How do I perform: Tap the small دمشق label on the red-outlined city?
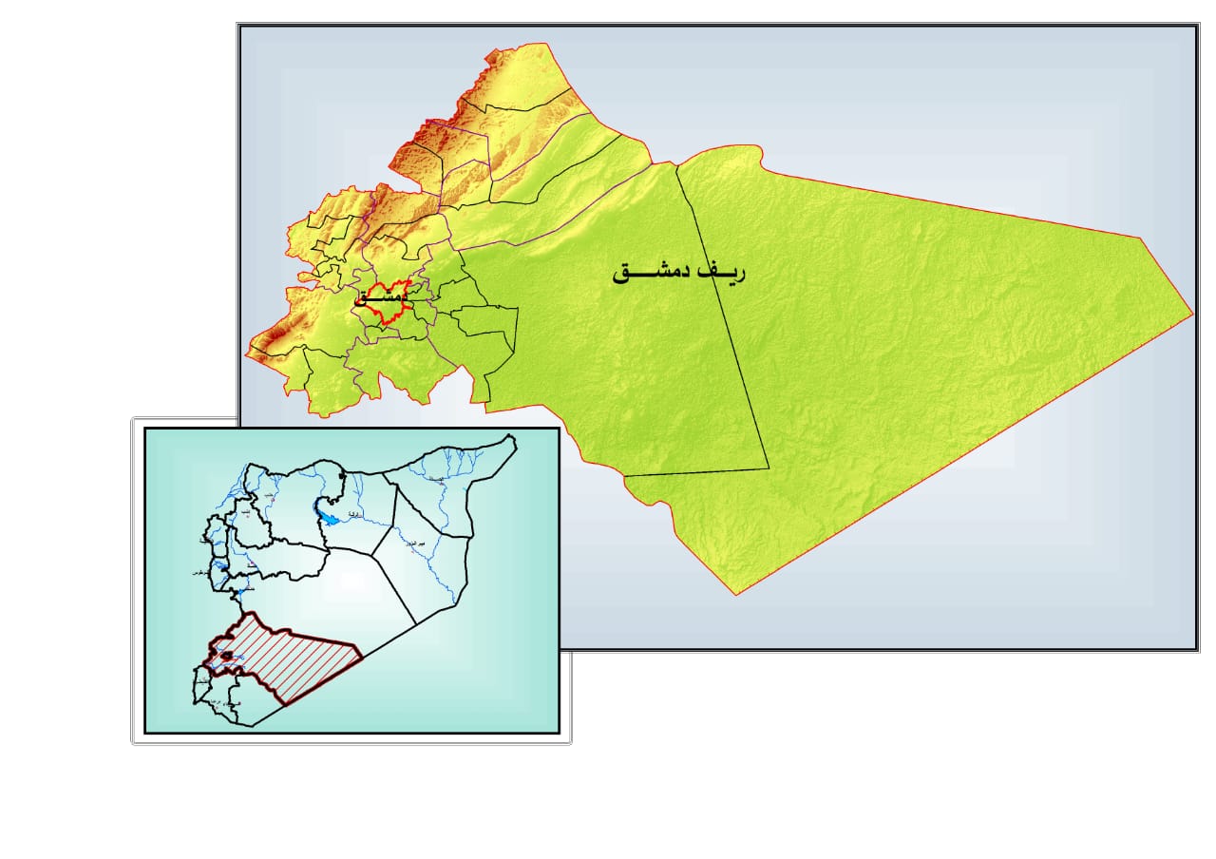[x=382, y=297]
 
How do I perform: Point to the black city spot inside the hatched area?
[x=226, y=654]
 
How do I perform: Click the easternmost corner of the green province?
[x=1192, y=313]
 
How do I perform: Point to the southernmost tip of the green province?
[x=737, y=595]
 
